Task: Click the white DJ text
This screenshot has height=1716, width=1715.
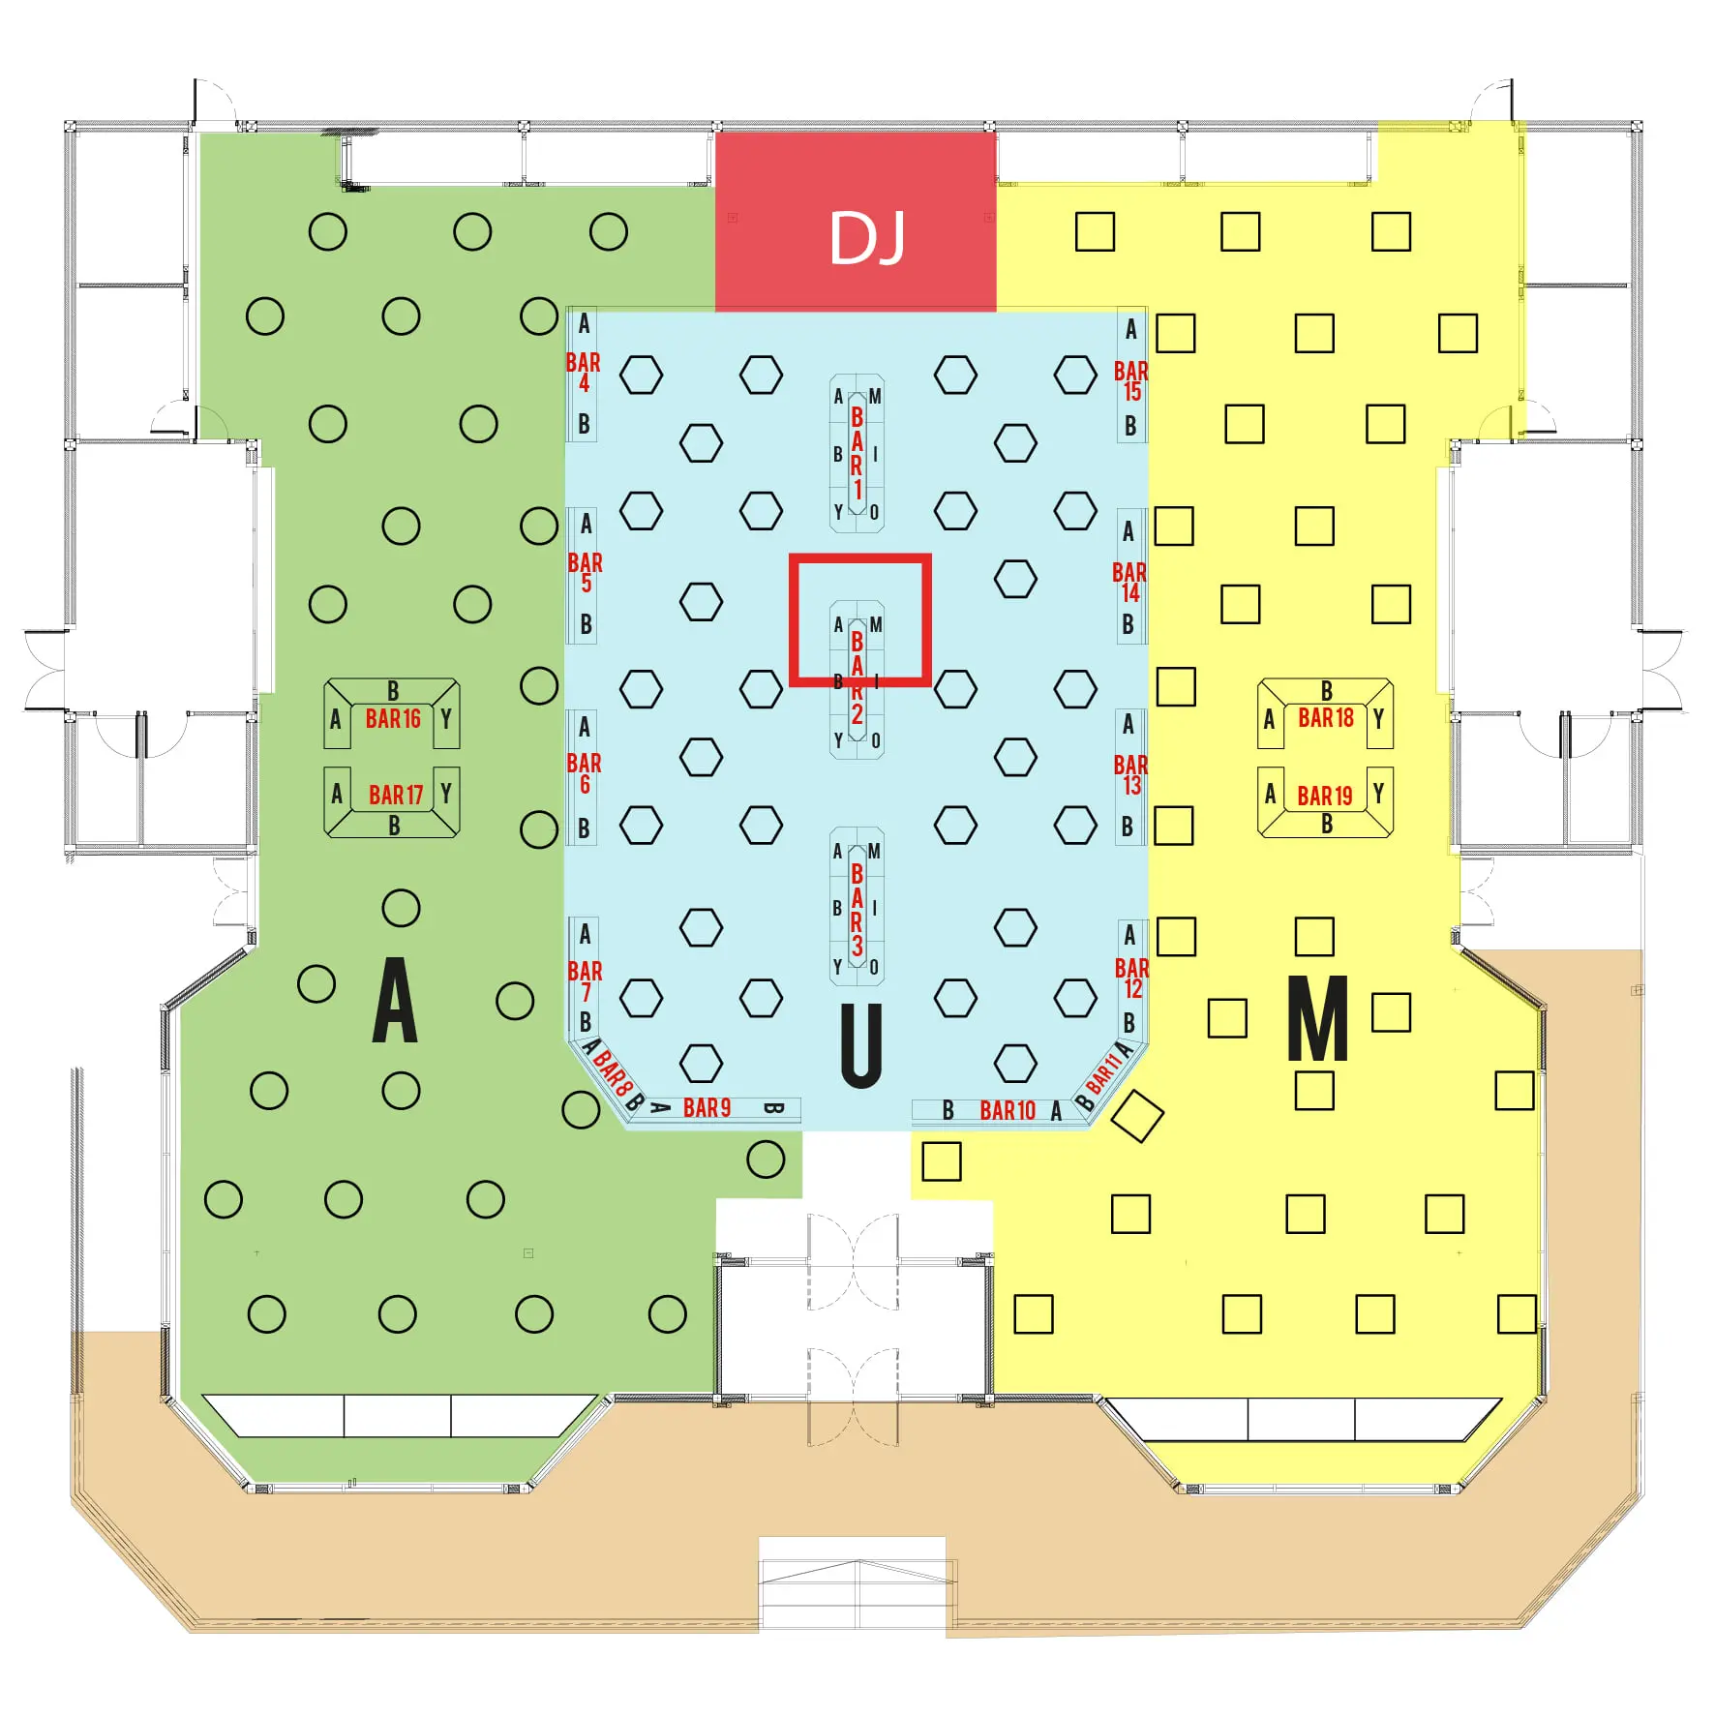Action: pos(867,238)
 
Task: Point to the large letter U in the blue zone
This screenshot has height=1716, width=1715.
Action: pos(860,1045)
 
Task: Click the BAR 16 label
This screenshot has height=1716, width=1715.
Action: pos(393,719)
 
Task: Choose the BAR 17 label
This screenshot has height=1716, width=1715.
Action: pos(396,796)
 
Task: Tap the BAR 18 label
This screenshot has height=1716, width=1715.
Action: pos(1326,718)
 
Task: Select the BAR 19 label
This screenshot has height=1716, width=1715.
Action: pos(1325,797)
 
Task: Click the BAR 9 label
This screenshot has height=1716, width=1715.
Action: pos(707,1108)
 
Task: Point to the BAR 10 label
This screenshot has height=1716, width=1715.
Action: pos(1008,1110)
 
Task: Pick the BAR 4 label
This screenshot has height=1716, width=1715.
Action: pos(584,373)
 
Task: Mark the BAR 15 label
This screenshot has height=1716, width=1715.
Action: pos(1131,381)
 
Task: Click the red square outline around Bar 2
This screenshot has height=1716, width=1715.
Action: pos(860,620)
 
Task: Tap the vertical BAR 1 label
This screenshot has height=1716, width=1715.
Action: pos(857,453)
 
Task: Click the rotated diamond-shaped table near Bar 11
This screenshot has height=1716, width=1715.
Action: pos(1137,1116)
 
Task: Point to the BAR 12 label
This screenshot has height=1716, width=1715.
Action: pos(1132,978)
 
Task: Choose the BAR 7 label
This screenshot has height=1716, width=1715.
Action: pos(585,980)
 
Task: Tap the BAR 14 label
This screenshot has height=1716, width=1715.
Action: pos(1129,583)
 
